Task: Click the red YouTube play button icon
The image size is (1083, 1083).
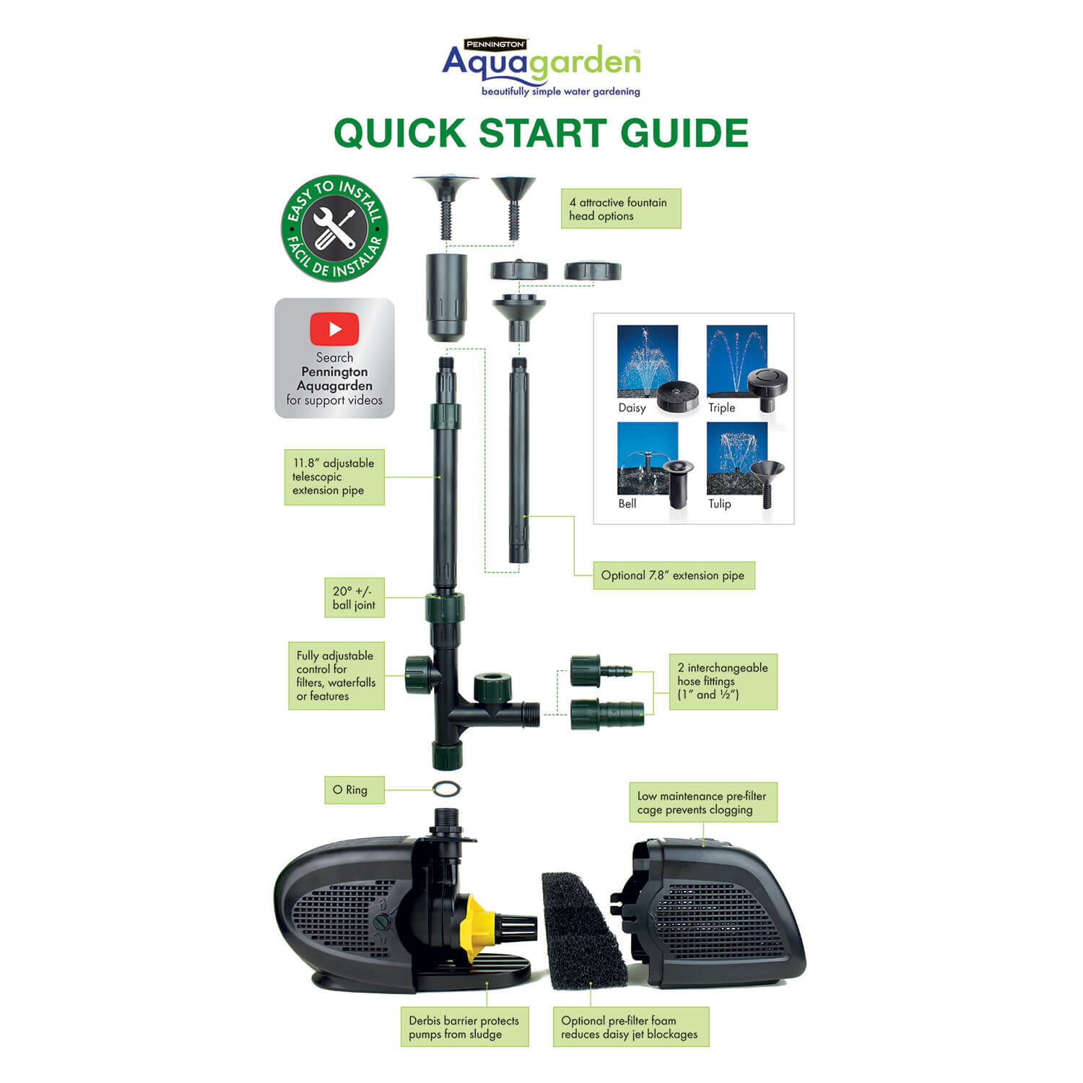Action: click(334, 329)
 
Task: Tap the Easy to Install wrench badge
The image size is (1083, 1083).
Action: click(334, 228)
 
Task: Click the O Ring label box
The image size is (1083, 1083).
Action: click(354, 790)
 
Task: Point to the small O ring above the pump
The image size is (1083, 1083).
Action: click(446, 788)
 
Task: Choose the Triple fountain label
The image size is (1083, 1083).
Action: click(721, 408)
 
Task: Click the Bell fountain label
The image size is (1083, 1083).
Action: click(627, 504)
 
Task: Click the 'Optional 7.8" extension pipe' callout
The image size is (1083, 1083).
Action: click(674, 575)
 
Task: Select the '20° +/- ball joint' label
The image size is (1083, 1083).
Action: click(354, 598)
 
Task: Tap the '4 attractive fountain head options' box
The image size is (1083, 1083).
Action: click(621, 209)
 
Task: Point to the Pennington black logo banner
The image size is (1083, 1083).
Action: click(495, 44)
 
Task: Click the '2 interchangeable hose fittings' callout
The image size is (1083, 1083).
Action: click(723, 682)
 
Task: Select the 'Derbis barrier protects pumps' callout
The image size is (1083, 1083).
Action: click(464, 1027)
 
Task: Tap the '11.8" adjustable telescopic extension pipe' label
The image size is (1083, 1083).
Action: click(334, 477)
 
